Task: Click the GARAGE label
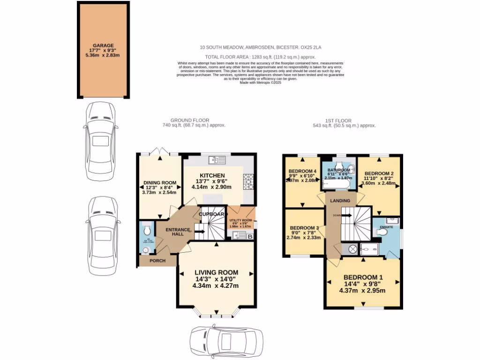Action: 103,45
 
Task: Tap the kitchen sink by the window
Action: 218,160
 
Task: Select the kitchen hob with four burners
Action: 248,180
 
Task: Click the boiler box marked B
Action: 250,237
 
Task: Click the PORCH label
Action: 157,261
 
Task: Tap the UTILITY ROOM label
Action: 241,220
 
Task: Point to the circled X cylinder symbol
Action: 352,249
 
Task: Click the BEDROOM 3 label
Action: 303,228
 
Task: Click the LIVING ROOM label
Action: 216,272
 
